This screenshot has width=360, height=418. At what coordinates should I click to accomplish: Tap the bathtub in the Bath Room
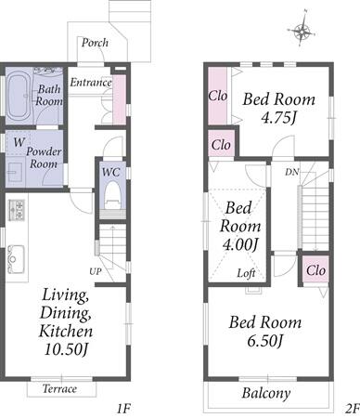coord(18,97)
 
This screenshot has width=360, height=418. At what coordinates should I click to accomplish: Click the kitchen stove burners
coord(16,211)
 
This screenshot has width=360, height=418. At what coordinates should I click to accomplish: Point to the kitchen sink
coord(16,259)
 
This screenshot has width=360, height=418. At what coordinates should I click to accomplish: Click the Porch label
coord(95,43)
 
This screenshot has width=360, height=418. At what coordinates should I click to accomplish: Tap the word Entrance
coord(91,82)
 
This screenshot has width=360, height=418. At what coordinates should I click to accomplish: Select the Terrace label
coord(59,388)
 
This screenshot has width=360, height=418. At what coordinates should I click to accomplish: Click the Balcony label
coord(266,393)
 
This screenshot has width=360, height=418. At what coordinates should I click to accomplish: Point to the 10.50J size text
coord(67,349)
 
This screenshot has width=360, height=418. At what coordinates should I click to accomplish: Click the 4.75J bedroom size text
coord(279,117)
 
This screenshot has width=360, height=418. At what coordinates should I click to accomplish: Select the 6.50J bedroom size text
coord(265,341)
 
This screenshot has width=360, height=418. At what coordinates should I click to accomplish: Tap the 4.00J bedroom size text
coord(240,245)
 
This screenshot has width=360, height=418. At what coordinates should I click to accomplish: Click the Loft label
coord(246,273)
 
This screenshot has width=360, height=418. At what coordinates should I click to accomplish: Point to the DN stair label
coord(292,172)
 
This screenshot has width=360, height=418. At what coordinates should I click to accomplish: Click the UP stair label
coord(96,271)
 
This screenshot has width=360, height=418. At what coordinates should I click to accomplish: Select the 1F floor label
coord(123,409)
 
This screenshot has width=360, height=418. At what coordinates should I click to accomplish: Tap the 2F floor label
coord(352,409)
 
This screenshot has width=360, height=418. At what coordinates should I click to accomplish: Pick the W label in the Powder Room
coord(19,142)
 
